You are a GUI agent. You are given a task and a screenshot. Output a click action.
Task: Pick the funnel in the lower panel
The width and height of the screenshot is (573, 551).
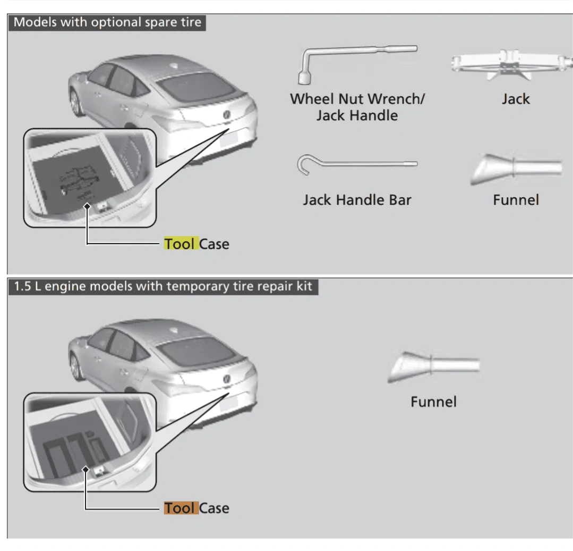432,366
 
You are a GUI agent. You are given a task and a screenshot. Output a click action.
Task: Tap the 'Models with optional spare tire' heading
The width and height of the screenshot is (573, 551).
107,23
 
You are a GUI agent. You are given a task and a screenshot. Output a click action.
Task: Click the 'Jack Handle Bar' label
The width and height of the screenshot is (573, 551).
357,200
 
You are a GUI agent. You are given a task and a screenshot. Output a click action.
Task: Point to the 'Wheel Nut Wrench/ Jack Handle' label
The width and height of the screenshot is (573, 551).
357,107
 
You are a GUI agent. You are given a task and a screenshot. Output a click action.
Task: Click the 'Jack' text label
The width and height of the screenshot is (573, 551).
516,99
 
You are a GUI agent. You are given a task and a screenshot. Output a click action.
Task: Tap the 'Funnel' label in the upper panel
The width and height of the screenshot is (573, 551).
516,200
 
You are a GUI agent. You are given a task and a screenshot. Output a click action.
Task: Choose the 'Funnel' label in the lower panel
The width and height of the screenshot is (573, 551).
433,402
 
